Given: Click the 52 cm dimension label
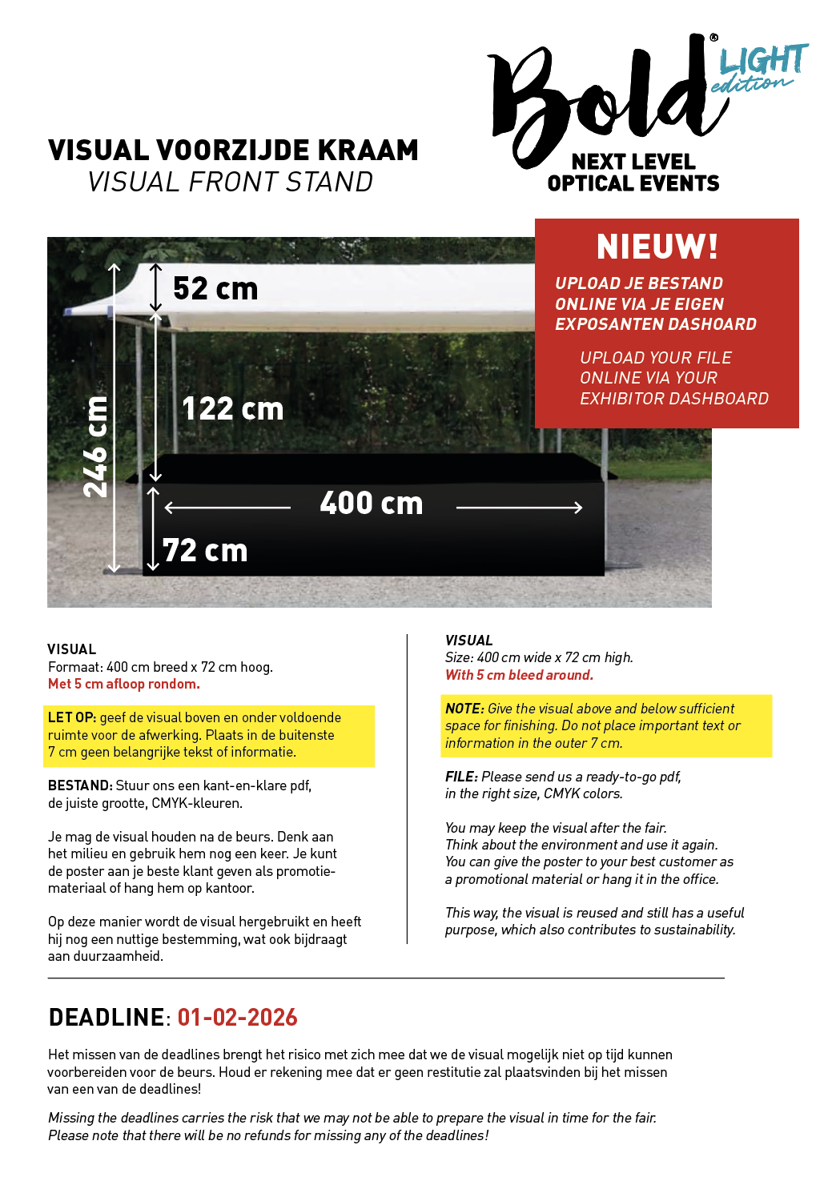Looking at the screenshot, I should tap(215, 289).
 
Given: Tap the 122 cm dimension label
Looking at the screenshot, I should tap(232, 409).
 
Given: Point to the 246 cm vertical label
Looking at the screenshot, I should tap(95, 447).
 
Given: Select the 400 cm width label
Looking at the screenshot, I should tap(371, 504).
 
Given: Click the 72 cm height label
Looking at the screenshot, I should tap(205, 551).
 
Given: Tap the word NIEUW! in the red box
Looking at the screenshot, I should tap(657, 247).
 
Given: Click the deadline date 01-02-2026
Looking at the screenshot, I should tap(237, 1018).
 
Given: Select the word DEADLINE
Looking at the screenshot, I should tap(107, 1018).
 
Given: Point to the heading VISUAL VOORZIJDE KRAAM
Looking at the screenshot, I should tap(233, 151).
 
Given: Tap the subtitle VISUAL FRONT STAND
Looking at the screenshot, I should tap(231, 183).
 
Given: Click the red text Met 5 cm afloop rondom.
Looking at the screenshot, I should tap(124, 684).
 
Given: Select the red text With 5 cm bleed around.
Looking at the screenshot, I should tap(519, 675).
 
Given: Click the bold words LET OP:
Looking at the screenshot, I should tap(72, 717).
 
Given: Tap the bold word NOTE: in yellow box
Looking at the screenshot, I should tap(464, 709).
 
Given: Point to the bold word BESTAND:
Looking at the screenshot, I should tap(80, 785).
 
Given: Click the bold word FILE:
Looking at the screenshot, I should tap(461, 777).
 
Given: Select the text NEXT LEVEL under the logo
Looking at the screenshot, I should tap(633, 162).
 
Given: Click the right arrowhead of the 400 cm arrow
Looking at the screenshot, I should tap(577, 508).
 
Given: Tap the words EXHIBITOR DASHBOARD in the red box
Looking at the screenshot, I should tap(674, 399).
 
